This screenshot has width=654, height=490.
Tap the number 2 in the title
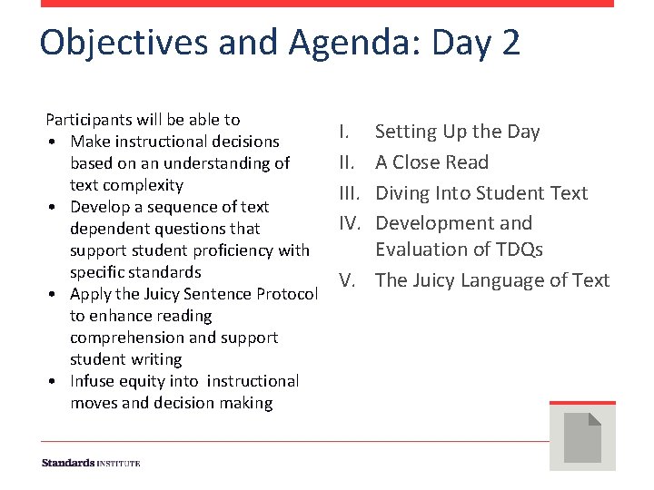(510, 43)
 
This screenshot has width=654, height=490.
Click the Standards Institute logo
(91, 464)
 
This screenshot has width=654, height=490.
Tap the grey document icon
(582, 437)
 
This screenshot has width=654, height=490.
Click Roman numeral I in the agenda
(343, 132)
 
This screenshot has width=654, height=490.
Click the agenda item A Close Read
(431, 162)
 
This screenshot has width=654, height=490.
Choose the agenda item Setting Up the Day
(457, 132)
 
